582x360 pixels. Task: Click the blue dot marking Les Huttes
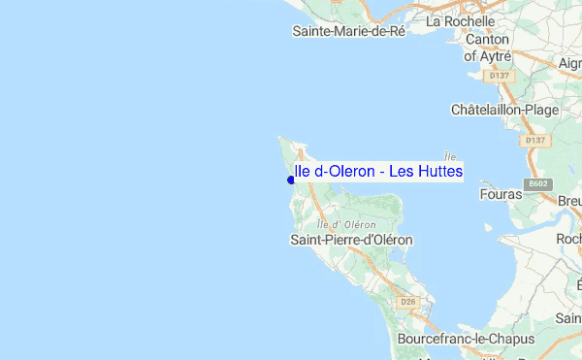pos(291,180)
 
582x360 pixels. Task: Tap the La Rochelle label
pos(461,20)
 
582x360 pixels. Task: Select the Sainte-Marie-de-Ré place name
pos(348,31)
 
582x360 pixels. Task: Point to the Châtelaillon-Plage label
pos(504,110)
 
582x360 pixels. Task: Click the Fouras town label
pos(501,194)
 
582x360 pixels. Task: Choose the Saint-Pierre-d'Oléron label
pos(352,240)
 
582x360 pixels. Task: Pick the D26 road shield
pos(408,302)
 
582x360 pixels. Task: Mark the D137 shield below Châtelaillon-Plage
pos(534,141)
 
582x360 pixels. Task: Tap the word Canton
pos(487,40)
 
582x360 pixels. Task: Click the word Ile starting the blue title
pos(302,172)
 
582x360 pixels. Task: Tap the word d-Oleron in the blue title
pos(343,172)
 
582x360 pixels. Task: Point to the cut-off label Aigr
pos(570,63)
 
